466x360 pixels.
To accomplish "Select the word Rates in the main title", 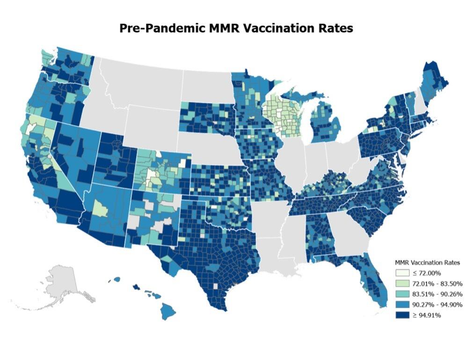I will [333, 28].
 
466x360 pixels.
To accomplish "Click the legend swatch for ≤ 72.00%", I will [400, 273].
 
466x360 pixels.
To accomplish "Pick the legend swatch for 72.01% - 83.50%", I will [400, 283].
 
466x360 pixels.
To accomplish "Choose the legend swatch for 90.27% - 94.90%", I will [400, 305].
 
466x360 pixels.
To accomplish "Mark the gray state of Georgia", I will [349, 234].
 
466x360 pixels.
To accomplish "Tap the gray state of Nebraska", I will [211, 145].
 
